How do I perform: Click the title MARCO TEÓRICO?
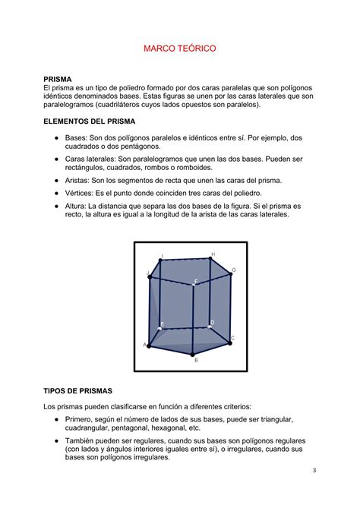coord(180,48)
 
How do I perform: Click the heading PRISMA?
coord(58,79)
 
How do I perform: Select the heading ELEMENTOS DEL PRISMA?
coord(96,121)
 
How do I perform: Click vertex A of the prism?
coord(147,346)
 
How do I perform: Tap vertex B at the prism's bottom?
coord(194,353)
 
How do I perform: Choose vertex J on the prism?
coord(150,275)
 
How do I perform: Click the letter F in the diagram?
coord(195,282)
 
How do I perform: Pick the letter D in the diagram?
coord(213,323)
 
